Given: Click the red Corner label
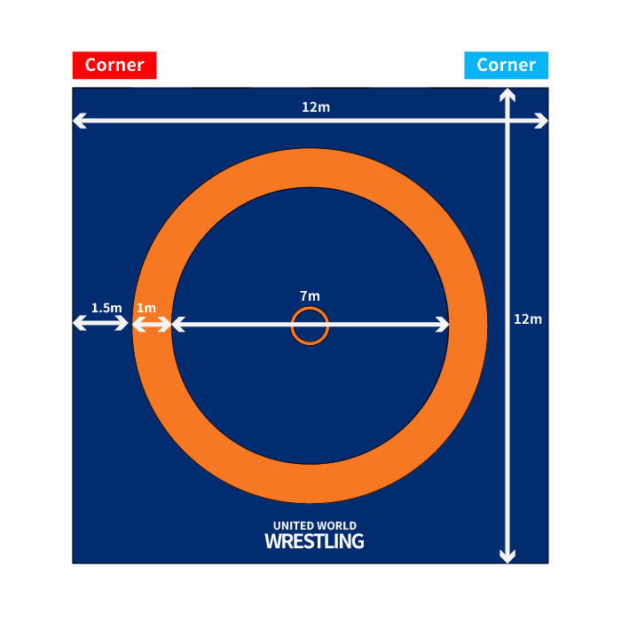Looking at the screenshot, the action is coord(114,66).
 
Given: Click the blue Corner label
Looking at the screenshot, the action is coord(506,66).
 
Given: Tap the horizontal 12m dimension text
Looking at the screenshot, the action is coord(316,107).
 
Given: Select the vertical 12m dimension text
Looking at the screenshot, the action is coord(528,319).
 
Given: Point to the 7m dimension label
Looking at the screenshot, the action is coord(310,295).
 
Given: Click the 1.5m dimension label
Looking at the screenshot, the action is coord(106,308).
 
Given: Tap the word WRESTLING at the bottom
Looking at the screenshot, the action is coord(314,540).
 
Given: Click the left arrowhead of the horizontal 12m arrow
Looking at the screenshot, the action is coord(79,122).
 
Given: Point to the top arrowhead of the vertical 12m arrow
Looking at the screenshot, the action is coord(507,95).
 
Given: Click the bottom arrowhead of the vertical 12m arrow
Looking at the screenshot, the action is coord(507,556).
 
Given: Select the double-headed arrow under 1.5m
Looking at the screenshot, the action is coord(101,325).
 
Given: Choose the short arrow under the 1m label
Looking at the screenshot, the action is coord(151,326).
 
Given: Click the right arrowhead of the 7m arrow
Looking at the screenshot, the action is coord(443,326).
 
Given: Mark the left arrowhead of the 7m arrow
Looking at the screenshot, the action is coord(177,326).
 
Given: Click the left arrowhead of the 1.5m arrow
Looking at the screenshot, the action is coord(78,325).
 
